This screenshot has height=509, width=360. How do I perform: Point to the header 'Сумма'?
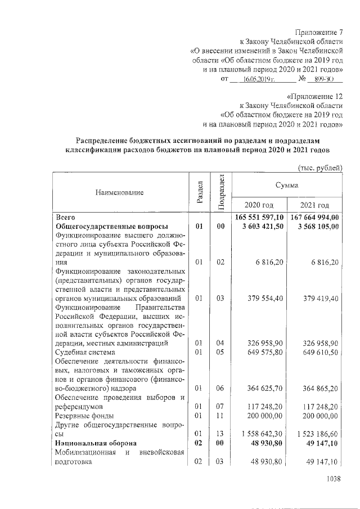coord(287,184)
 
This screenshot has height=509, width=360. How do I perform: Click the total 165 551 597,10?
coord(259,217)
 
